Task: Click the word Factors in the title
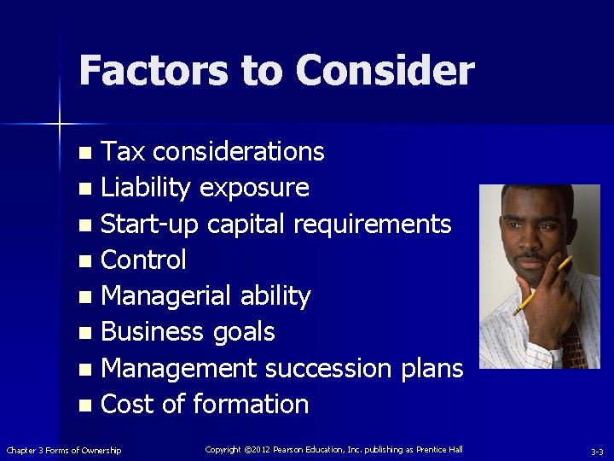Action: (x=151, y=71)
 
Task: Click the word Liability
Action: (x=146, y=188)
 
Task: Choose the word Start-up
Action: (x=149, y=225)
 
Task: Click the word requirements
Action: (x=372, y=225)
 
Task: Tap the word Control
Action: (x=143, y=260)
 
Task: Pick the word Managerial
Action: (x=162, y=296)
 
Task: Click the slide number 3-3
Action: (x=597, y=451)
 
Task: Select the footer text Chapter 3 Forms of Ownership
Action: (x=64, y=450)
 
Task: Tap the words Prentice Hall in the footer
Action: (x=438, y=449)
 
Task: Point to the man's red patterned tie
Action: (x=571, y=347)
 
